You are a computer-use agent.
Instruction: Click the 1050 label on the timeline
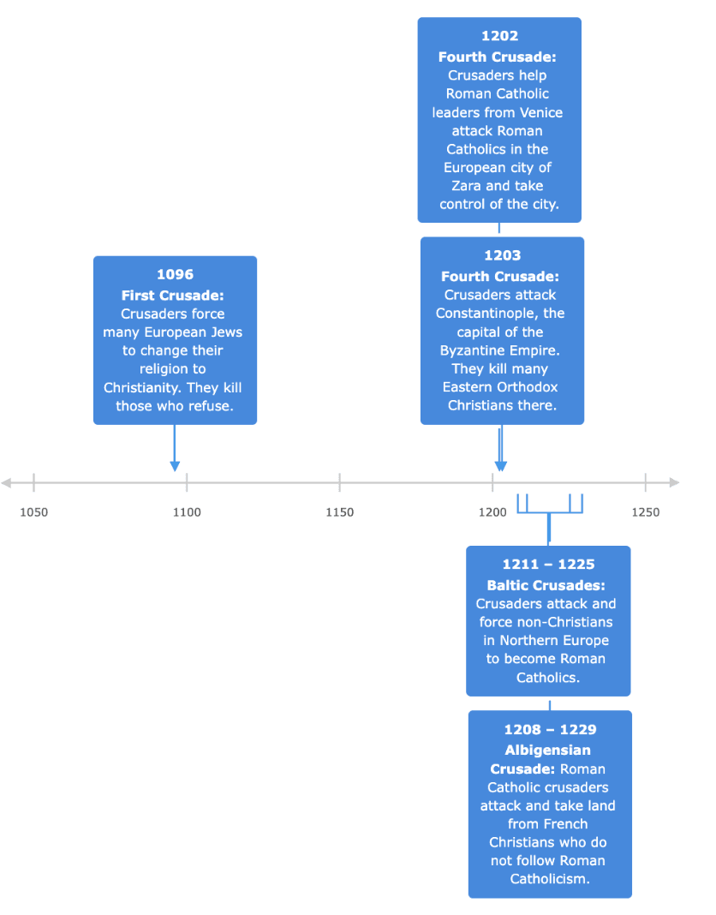(x=34, y=512)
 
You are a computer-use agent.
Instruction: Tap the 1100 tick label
(x=187, y=512)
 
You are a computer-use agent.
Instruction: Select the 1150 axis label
(x=340, y=512)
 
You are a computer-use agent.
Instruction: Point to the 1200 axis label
(x=492, y=512)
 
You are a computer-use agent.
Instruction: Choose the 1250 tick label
(x=646, y=512)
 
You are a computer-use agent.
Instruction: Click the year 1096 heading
(x=175, y=274)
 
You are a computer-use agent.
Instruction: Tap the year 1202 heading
(x=499, y=36)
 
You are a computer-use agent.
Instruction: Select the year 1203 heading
(x=503, y=255)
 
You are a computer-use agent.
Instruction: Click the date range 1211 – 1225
(x=548, y=565)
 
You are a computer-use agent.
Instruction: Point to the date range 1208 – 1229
(x=551, y=729)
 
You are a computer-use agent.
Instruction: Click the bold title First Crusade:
(x=173, y=296)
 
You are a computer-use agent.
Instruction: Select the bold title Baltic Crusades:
(x=546, y=585)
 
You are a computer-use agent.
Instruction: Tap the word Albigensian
(x=548, y=751)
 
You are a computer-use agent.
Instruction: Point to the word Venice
(x=541, y=112)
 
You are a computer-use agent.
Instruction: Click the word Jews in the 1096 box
(x=226, y=332)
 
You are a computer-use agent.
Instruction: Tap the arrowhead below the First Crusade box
(x=175, y=466)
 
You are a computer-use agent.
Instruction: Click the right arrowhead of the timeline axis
(x=675, y=482)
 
